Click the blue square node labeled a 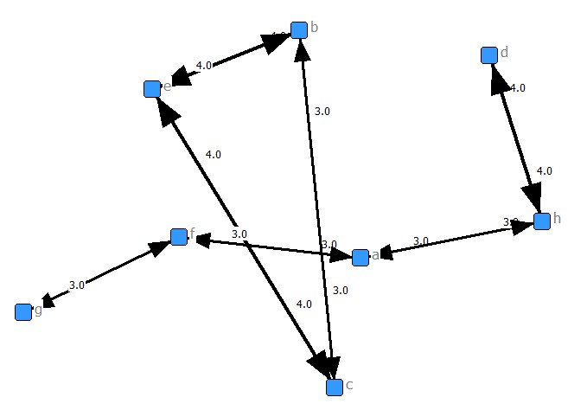coord(360,256)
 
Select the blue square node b coord(299,30)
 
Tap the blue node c coord(335,388)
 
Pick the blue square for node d coord(488,55)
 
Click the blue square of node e coord(152,88)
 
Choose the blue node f coord(179,237)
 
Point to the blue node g coord(23,312)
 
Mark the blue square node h coord(542,221)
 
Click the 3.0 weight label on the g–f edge coord(76,285)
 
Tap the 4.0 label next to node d coord(517,88)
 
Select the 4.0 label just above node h coord(545,171)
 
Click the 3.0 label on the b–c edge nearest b coord(322,112)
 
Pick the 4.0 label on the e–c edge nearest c coord(304,304)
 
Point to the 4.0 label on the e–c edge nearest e coord(214,155)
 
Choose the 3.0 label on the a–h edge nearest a coord(421,241)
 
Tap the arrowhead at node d coord(495,75)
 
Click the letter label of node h coord(558,218)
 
